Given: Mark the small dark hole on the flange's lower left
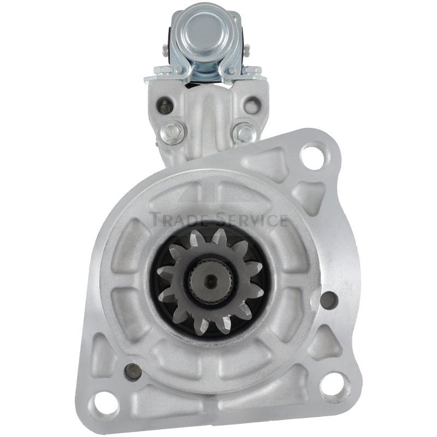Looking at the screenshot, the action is [133, 373].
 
